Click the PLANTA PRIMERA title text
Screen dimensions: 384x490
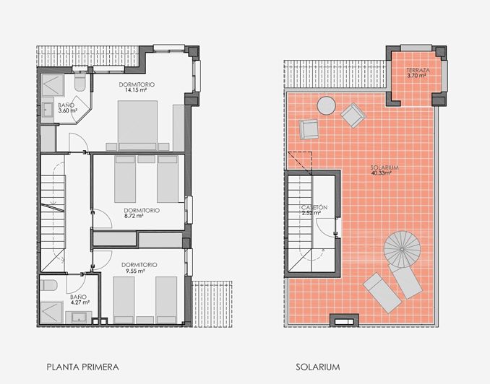[x=82, y=367]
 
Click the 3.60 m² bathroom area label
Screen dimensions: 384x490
[x=67, y=112]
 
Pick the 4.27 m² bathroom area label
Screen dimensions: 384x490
[x=78, y=302]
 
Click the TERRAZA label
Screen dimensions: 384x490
[x=418, y=70]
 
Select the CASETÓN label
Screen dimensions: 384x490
[x=315, y=208]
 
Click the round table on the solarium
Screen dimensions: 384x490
[x=327, y=106]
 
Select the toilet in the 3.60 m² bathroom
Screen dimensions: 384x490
[x=79, y=85]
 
